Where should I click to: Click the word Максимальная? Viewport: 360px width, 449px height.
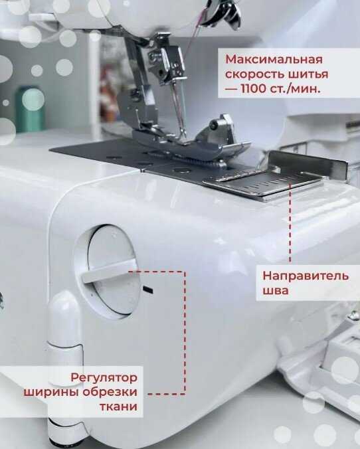click(x=274, y=60)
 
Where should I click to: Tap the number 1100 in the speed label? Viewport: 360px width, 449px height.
click(x=254, y=88)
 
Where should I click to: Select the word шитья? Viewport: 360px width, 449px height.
click(x=310, y=74)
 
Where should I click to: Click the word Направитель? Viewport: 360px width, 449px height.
click(x=306, y=276)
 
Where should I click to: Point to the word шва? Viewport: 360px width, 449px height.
click(x=275, y=291)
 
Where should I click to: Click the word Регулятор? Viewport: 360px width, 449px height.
click(x=104, y=378)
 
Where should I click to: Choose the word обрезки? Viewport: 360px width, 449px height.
click(x=110, y=392)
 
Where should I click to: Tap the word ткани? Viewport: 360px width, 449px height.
click(x=118, y=406)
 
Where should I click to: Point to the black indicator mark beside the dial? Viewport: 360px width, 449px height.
click(x=147, y=289)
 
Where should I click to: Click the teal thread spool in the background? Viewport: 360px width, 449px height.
click(x=30, y=109)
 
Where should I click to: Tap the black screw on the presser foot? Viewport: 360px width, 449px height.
click(x=213, y=125)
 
